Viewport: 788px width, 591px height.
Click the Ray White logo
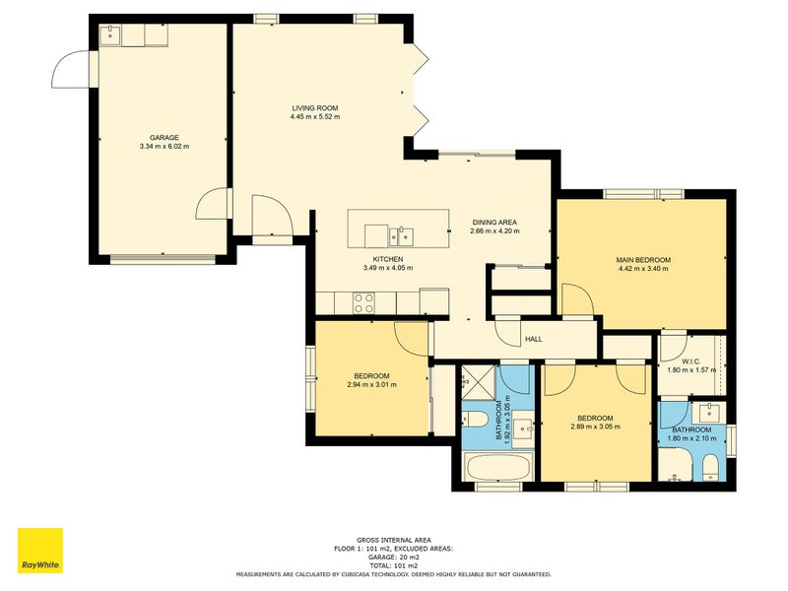[40, 551]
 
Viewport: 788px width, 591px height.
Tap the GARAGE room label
[164, 138]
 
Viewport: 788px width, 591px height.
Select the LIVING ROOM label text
[315, 108]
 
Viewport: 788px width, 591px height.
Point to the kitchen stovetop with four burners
[363, 303]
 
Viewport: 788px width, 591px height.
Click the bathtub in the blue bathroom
[498, 467]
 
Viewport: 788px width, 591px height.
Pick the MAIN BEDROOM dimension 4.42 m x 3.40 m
[643, 269]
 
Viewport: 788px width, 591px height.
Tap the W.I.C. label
[691, 361]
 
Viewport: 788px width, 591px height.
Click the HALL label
[534, 339]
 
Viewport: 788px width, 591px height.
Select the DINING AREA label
[494, 223]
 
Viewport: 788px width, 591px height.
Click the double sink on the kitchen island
[401, 236]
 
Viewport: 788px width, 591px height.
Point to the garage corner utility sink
[110, 35]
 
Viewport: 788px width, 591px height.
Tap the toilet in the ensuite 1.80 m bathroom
[710, 467]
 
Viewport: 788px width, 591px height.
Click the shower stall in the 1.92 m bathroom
[479, 383]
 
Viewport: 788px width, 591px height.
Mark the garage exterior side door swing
[71, 69]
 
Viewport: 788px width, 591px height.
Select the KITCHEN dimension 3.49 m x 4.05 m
[388, 268]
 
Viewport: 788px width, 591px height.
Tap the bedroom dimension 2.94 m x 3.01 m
[372, 385]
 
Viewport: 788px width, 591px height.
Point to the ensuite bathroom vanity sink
[709, 413]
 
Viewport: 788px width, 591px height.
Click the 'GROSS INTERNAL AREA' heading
[394, 540]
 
